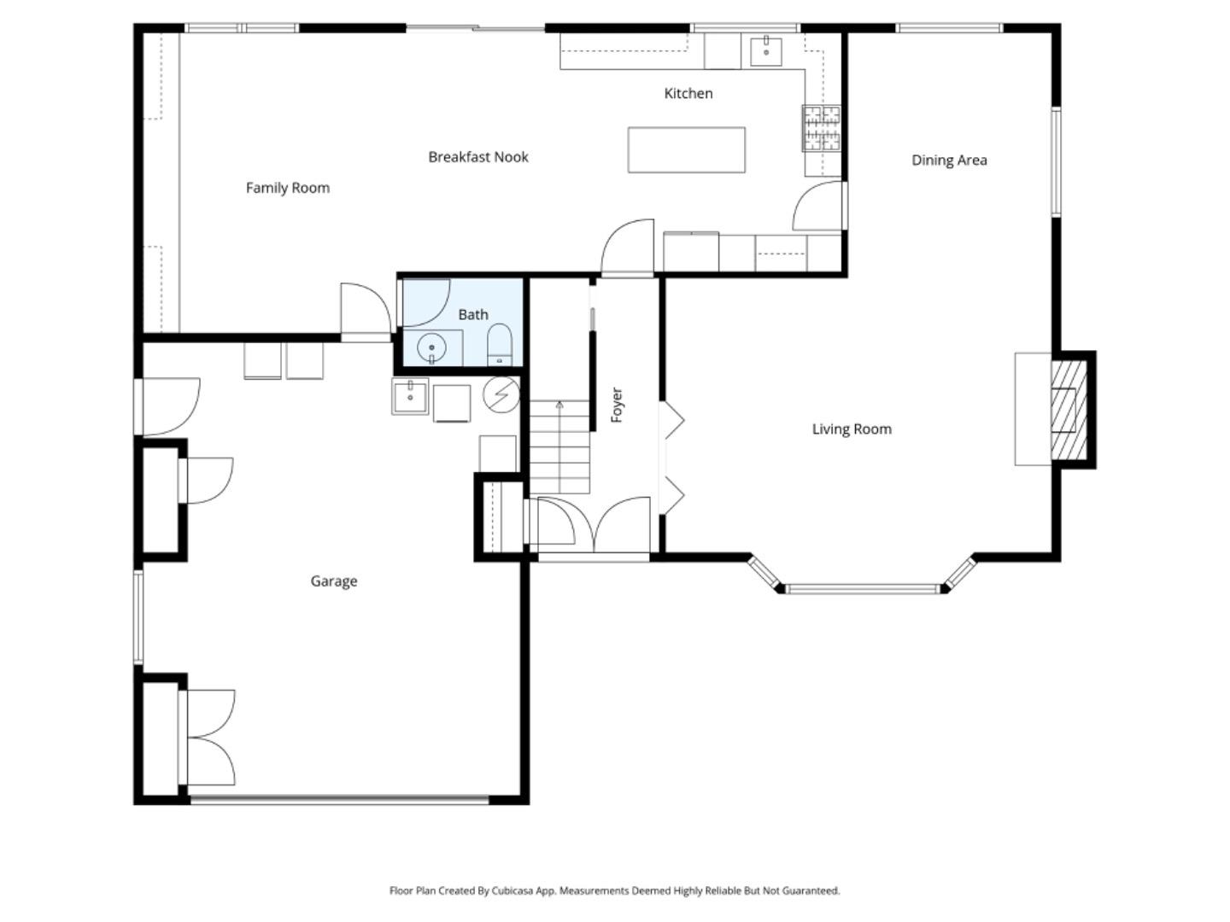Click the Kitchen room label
point(688,93)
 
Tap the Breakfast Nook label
point(477,157)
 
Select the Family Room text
point(287,188)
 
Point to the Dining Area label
point(949,160)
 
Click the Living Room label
point(852,429)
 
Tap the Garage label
point(333,581)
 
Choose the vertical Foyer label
point(617,405)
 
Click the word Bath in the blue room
point(472,314)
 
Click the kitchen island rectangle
point(686,149)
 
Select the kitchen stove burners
point(822,128)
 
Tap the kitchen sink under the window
point(766,51)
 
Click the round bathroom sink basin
point(432,348)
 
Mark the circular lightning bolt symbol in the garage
point(501,394)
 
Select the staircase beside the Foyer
point(559,446)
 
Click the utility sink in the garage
point(411,397)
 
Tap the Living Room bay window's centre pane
point(863,588)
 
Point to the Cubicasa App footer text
point(614,890)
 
